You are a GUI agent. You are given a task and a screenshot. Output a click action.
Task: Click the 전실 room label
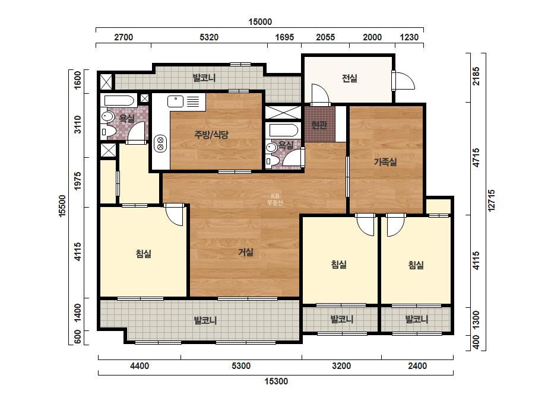pos(350,78)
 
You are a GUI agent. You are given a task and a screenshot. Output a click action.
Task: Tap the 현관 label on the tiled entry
pos(319,125)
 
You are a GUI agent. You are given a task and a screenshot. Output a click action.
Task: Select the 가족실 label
pos(385,162)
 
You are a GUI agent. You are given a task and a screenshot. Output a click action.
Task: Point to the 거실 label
pos(246,252)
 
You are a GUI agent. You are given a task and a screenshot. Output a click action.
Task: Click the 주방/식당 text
pos(211,134)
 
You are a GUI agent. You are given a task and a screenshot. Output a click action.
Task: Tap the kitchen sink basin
pos(175,101)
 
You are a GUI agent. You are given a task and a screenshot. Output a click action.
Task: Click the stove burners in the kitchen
pos(160,143)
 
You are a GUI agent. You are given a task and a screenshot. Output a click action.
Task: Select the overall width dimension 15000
pos(260,22)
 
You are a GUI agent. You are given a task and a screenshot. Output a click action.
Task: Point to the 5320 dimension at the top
pos(209,37)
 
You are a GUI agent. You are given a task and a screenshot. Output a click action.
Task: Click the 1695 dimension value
pos(284,37)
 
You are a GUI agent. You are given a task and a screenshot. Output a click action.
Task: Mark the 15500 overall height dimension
pos(62,206)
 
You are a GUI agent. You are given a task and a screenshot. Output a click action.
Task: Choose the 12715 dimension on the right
pos(492,200)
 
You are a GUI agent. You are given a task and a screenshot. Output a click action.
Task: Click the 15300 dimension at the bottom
pos(276,381)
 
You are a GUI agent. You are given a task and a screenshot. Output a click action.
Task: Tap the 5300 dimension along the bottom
pos(241,366)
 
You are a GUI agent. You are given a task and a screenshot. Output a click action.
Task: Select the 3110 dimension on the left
pos(78,125)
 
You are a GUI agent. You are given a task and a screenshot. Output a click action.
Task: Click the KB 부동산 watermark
pos(275,199)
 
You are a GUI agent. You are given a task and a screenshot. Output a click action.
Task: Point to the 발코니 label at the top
pos(204,78)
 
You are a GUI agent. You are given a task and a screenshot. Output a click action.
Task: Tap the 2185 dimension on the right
pos(476,76)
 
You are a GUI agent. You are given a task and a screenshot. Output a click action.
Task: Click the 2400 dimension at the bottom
pos(417,366)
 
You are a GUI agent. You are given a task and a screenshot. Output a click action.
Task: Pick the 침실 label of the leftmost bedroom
pos(144,254)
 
